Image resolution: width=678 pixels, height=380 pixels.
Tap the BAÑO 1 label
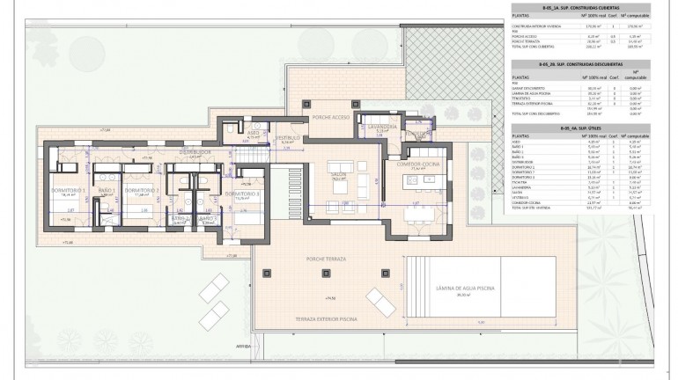[106, 191]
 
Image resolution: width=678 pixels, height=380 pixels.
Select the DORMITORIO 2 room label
[141, 191]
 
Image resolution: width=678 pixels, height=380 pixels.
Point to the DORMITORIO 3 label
[240, 194]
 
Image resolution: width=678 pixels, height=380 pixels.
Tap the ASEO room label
[252, 133]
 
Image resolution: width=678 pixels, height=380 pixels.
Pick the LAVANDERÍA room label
[384, 127]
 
